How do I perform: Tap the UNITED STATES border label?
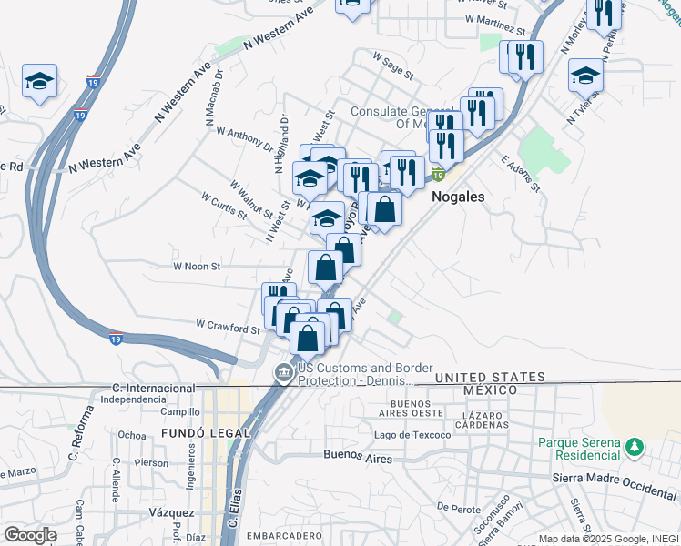(x=494, y=377)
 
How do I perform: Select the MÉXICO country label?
(x=490, y=389)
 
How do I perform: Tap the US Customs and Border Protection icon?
(x=283, y=371)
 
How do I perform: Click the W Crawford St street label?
(x=228, y=327)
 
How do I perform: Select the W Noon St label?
(x=198, y=267)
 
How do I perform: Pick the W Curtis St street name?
(x=224, y=206)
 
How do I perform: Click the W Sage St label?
(x=392, y=62)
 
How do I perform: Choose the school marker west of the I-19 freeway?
(x=39, y=82)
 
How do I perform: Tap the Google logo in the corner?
(x=30, y=535)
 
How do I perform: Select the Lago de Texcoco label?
(x=412, y=435)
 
